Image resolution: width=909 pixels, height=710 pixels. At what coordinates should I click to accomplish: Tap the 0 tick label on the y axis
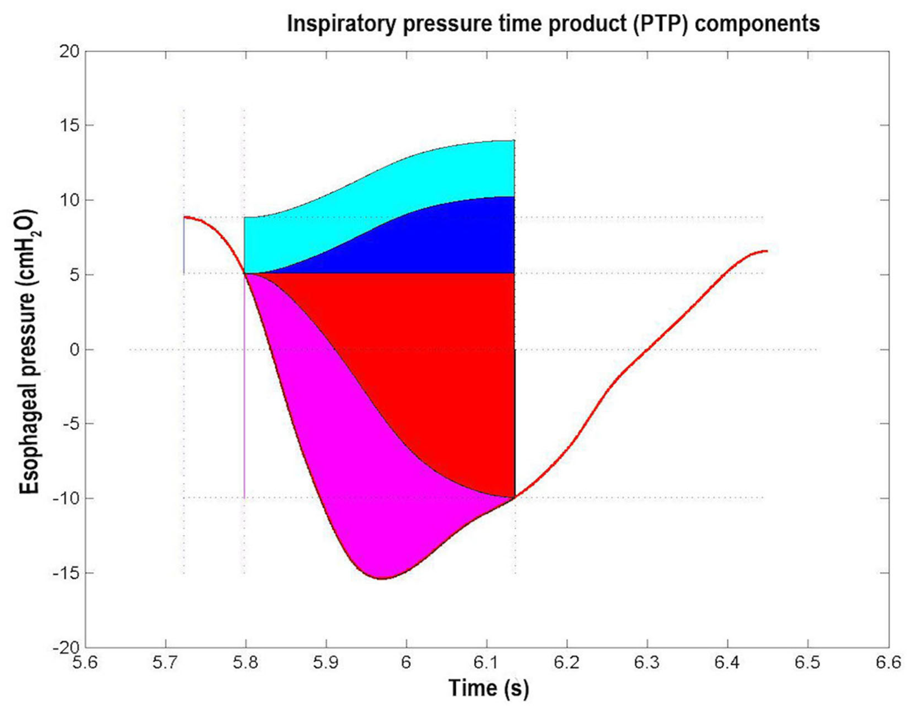74,350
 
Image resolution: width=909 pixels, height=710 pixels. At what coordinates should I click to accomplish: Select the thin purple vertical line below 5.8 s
244,395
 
